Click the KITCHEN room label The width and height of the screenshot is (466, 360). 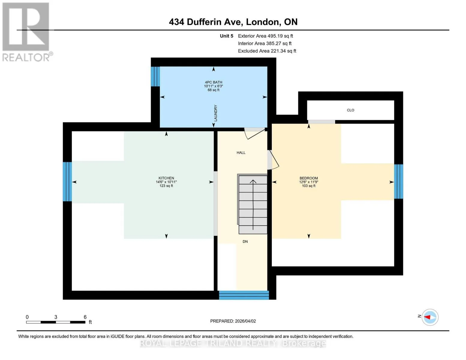click(166, 178)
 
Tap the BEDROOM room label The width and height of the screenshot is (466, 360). click(308, 178)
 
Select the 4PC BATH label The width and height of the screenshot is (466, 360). click(213, 82)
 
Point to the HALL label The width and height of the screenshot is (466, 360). click(241, 153)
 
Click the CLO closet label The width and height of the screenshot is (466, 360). click(350, 110)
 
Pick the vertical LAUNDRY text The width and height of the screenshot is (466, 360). click(215, 113)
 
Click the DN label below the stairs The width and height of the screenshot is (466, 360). click(245, 241)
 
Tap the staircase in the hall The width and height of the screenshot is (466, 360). click(252, 204)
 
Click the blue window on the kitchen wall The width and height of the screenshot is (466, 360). click(67, 181)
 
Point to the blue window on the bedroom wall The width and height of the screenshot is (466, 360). click(398, 181)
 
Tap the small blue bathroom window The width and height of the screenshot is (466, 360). click(155, 76)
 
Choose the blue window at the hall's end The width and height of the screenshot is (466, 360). click(244, 295)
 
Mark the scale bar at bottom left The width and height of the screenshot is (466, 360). click(56, 322)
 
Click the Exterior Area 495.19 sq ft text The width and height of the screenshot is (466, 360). click(265, 36)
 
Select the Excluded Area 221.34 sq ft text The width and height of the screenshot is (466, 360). click(267, 51)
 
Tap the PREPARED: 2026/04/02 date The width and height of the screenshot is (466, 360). click(233, 321)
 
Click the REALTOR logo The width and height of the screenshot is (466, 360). click(27, 32)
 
